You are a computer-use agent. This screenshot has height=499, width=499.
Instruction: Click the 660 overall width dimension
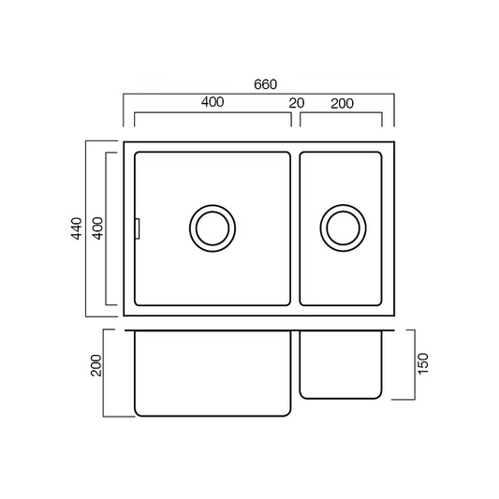[x=265, y=84]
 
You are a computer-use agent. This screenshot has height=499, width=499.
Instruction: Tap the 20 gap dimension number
[x=297, y=103]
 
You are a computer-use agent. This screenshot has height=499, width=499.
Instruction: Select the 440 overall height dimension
[x=77, y=228]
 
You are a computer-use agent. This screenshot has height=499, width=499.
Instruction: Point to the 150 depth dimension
[x=423, y=363]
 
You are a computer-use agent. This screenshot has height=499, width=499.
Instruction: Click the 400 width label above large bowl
[x=213, y=102]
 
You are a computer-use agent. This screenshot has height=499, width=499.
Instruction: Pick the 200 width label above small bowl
[x=342, y=104]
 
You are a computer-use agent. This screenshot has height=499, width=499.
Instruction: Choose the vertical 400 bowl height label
[x=97, y=228]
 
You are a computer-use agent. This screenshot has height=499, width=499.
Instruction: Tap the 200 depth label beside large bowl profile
[x=96, y=366]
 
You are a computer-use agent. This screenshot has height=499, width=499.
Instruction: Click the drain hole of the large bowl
[x=213, y=228]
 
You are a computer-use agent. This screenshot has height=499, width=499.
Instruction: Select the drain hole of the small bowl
[x=343, y=228]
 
